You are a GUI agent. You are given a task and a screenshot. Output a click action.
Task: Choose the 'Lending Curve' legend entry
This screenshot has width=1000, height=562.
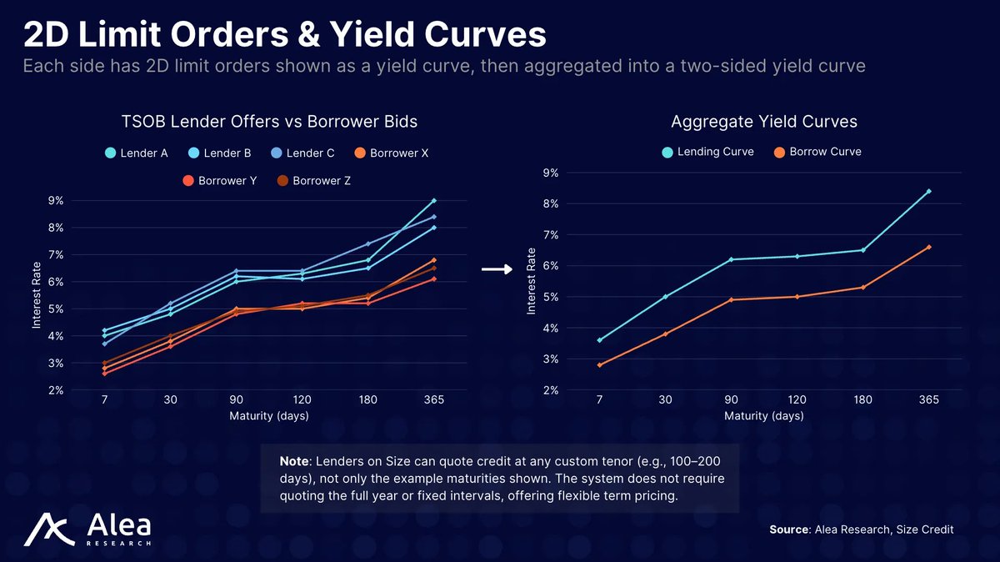click(707, 152)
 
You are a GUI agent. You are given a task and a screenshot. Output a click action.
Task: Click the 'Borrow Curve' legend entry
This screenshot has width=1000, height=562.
click(817, 152)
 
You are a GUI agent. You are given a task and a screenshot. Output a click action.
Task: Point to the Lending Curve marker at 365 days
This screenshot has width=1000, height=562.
click(928, 191)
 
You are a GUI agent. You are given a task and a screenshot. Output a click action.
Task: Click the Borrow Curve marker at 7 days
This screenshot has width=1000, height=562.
click(599, 364)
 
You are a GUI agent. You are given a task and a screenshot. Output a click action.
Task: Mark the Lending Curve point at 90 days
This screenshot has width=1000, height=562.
click(731, 259)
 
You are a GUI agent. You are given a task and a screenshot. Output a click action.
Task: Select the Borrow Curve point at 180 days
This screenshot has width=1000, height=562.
click(862, 287)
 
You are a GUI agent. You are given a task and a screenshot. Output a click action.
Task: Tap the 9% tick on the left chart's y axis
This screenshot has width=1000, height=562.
click(56, 200)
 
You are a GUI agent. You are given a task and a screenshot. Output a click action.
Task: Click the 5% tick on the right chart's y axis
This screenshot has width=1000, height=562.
click(551, 297)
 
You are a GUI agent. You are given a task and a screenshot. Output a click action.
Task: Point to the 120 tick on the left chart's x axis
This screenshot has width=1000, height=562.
click(302, 400)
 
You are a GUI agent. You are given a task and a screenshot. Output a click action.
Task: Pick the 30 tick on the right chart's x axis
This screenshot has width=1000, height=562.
click(665, 400)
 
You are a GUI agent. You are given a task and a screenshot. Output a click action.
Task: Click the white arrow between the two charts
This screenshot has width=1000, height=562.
click(497, 268)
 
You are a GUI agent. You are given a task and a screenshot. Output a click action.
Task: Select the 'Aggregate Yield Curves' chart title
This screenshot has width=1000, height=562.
click(763, 122)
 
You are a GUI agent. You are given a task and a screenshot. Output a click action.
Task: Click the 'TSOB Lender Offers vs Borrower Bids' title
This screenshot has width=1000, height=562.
click(269, 122)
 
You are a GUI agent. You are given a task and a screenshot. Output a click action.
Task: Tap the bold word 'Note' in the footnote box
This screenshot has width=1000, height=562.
click(293, 461)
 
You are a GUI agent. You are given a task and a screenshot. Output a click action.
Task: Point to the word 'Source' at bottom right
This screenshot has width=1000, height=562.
click(787, 529)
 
